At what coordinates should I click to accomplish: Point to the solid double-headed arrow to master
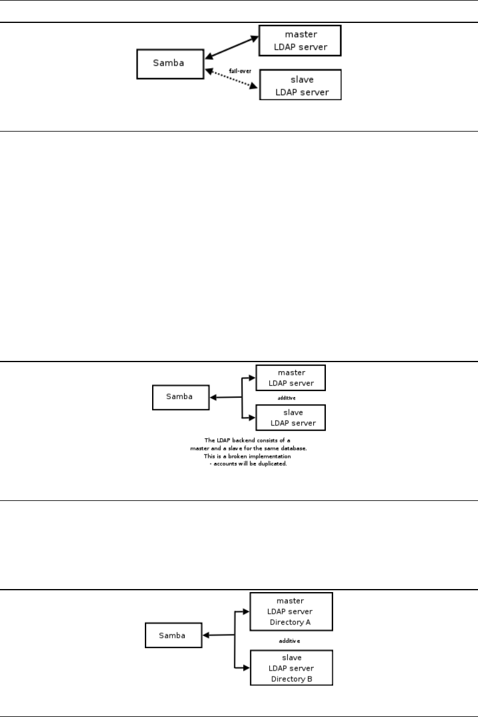point(232,48)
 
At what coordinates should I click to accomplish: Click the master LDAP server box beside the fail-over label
point(299,40)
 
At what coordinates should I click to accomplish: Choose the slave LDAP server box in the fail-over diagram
point(300,84)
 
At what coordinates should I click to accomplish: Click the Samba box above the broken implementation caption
point(180,397)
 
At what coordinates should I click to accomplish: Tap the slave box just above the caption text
point(290,418)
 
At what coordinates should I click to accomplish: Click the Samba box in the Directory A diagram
point(173,636)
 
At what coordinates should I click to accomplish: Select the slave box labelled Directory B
point(291,668)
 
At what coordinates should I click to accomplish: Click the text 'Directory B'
point(292,678)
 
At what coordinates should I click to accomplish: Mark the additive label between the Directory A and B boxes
point(290,640)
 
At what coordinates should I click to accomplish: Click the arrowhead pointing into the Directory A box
point(246,611)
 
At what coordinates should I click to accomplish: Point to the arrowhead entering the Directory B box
point(246,668)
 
